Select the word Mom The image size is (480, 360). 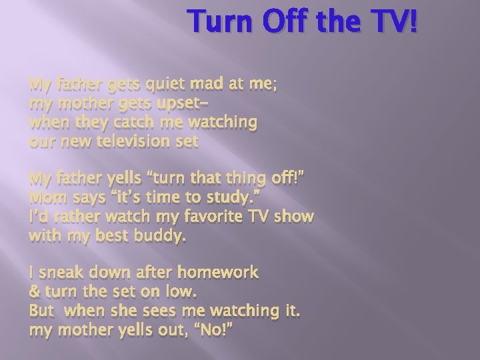pos(45,198)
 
